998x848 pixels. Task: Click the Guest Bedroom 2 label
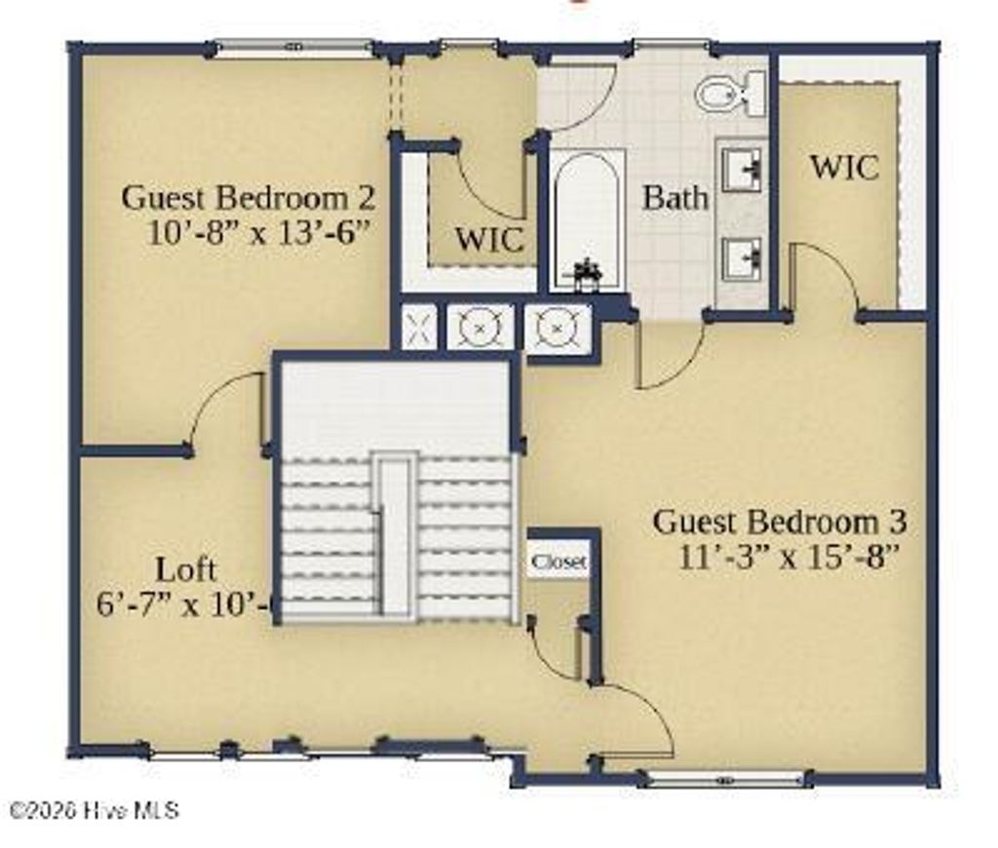click(248, 198)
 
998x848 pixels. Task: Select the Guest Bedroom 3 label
click(780, 521)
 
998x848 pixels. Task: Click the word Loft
click(186, 569)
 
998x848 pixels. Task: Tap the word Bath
click(675, 198)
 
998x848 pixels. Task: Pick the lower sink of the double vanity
click(742, 258)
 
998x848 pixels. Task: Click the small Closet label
click(558, 562)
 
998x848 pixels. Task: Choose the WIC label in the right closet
click(844, 167)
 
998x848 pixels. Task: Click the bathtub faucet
click(588, 274)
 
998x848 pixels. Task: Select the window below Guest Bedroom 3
click(725, 778)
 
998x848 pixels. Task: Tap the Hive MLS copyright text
click(94, 810)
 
